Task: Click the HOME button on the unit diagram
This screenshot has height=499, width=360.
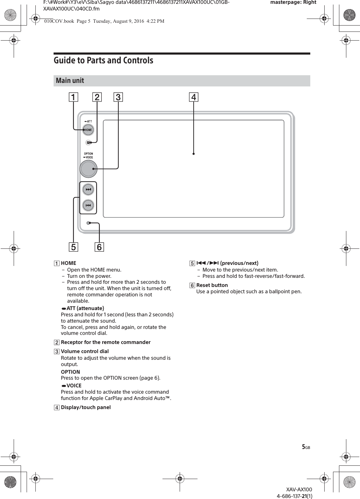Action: [88, 130]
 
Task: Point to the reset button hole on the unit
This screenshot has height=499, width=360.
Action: [89, 223]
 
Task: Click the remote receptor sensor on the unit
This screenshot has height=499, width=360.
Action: [88, 142]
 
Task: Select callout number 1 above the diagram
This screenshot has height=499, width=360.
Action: [73, 97]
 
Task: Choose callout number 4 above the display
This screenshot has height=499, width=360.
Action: [194, 97]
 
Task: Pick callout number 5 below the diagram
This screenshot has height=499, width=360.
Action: [73, 247]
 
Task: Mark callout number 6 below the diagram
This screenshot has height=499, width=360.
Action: [99, 247]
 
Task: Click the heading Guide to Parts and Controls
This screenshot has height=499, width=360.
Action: [103, 61]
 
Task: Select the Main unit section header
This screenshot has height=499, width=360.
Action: [70, 80]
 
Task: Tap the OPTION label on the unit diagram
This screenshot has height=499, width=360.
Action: [89, 154]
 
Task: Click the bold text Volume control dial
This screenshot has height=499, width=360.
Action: [85, 351]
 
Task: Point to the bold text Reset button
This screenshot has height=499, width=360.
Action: [212, 285]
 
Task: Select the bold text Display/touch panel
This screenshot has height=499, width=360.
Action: [86, 407]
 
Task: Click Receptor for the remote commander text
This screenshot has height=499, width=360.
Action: [106, 342]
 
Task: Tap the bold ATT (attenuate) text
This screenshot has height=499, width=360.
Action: [85, 308]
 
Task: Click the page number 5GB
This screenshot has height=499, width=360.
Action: [306, 447]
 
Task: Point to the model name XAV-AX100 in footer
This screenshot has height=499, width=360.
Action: [299, 490]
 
